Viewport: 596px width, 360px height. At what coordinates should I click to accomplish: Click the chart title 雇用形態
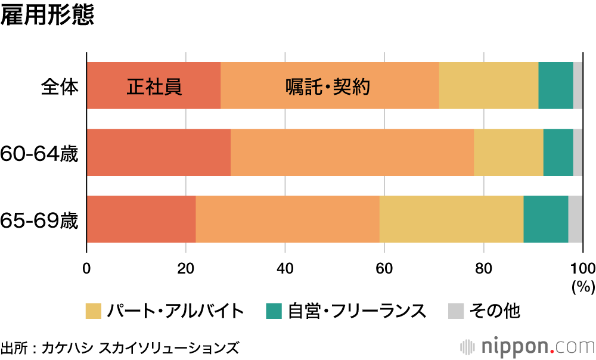pyautogui.click(x=47, y=16)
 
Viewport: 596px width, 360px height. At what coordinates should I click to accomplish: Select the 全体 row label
pyautogui.click(x=60, y=87)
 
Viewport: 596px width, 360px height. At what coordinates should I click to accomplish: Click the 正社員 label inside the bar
pyautogui.click(x=154, y=87)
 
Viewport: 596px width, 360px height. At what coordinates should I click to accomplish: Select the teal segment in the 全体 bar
pyautogui.click(x=555, y=85)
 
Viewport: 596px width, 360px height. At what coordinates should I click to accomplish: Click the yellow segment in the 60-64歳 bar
pyautogui.click(x=508, y=152)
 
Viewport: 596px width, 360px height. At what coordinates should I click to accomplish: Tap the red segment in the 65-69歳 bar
pyautogui.click(x=141, y=219)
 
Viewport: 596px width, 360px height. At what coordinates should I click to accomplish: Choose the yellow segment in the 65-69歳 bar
pyautogui.click(x=451, y=219)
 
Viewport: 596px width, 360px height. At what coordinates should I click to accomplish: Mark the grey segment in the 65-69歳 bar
pyautogui.click(x=575, y=219)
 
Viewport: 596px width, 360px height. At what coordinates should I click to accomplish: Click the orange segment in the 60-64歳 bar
pyautogui.click(x=352, y=152)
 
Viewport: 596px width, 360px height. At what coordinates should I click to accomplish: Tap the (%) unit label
pyautogui.click(x=582, y=287)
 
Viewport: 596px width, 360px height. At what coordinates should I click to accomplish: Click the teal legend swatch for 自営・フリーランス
pyautogui.click(x=274, y=311)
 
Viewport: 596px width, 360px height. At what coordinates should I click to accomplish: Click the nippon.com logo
pyautogui.click(x=527, y=346)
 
